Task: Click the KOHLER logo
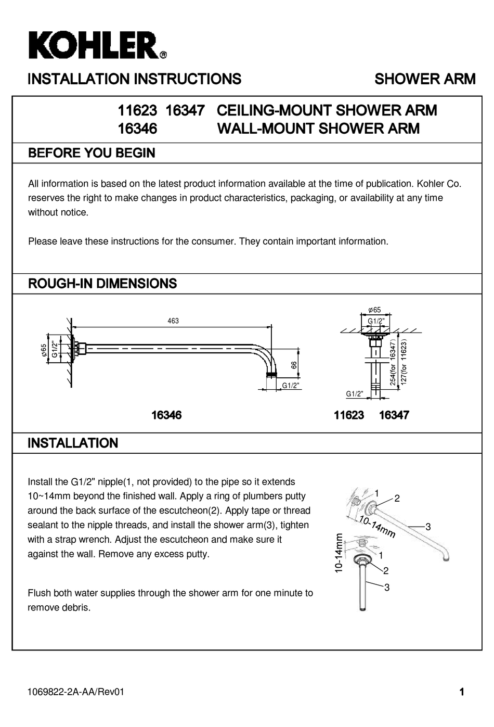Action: click(x=97, y=46)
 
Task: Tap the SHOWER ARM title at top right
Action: click(x=424, y=79)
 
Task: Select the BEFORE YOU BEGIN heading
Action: click(x=91, y=153)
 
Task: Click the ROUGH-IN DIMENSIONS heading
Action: click(x=102, y=284)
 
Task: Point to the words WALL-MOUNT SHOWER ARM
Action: click(x=318, y=129)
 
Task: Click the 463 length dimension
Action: click(x=173, y=321)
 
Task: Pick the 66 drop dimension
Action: click(x=294, y=365)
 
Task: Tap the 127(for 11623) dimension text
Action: click(x=404, y=362)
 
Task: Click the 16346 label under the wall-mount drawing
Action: click(x=166, y=415)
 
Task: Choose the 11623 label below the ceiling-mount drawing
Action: click(x=349, y=415)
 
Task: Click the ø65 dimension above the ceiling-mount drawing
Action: click(x=374, y=310)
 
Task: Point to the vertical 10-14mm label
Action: click(x=339, y=553)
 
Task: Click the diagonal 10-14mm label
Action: click(x=376, y=527)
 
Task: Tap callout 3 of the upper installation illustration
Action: click(x=428, y=527)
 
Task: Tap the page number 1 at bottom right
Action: click(x=461, y=692)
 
